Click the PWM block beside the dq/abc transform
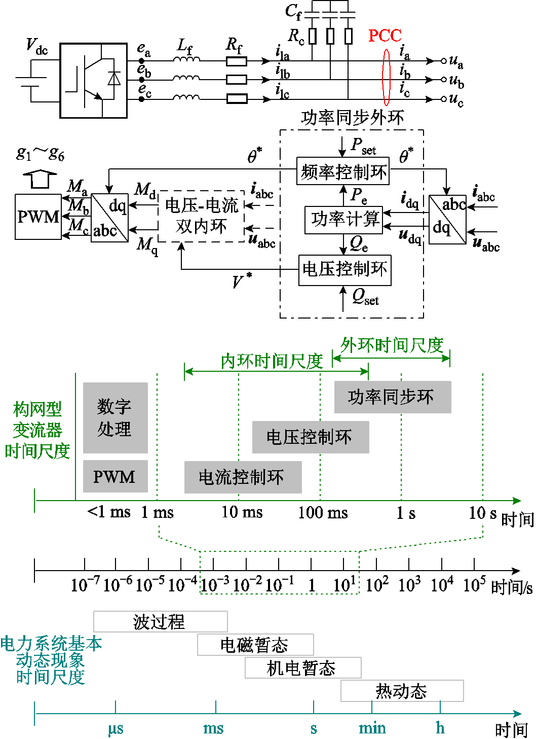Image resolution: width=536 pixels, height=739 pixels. pos(38,217)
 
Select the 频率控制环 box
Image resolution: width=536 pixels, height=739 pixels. pos(343,171)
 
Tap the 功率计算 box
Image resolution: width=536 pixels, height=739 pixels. pos(344,220)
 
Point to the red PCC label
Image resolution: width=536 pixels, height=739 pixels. pos(385,36)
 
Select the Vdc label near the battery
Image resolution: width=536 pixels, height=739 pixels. pos(36,46)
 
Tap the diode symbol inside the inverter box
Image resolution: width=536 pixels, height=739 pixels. pos(114,79)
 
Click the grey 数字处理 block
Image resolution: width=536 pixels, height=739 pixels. pos(115,418)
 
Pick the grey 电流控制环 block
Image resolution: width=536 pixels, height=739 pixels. pos(243,477)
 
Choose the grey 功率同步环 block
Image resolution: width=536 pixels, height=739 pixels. pos(392,397)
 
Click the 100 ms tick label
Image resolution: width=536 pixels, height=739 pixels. pos(323,513)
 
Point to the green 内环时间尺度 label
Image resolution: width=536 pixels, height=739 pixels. pos(272,361)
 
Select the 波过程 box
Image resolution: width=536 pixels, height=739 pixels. pos(160,621)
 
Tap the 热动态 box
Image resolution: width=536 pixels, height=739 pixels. pos(402,691)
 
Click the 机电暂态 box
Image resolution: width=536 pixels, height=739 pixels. pos(302,668)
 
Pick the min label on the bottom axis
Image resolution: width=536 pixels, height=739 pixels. pos(372,728)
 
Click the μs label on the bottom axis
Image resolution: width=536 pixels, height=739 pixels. pos(116,729)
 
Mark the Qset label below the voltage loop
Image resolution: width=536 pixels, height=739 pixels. pos(365,296)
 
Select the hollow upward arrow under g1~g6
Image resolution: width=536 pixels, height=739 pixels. pos(40,179)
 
